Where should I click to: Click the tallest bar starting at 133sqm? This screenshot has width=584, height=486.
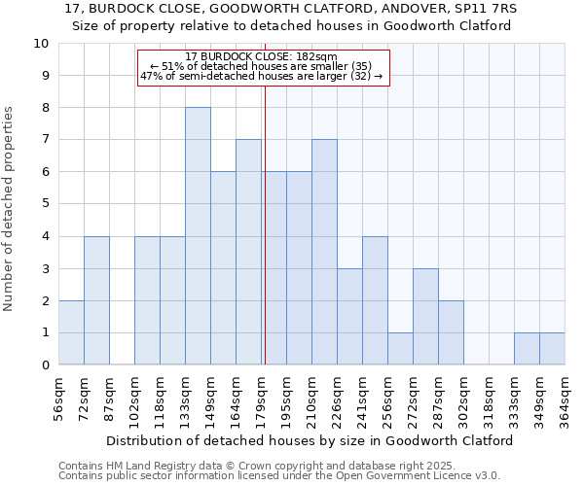(198, 236)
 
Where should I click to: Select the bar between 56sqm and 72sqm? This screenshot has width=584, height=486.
(71, 332)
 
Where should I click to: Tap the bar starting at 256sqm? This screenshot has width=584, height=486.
(400, 348)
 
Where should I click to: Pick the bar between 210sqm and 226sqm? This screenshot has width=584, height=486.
(324, 252)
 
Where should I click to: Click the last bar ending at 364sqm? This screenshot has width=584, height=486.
(552, 348)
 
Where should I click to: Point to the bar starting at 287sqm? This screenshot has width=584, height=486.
(451, 332)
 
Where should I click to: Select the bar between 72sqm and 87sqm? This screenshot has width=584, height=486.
(96, 300)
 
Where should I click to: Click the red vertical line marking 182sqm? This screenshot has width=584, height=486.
(265, 224)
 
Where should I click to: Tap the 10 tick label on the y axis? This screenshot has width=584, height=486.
(41, 44)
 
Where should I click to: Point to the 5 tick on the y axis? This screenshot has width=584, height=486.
(45, 204)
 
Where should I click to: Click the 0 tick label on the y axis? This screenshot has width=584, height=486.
(45, 365)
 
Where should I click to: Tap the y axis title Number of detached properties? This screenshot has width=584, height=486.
(10, 209)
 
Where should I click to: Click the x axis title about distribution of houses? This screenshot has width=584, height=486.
(309, 440)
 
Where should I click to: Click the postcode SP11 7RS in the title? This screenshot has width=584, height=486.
(485, 9)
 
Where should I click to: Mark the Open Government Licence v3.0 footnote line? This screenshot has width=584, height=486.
(278, 475)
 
